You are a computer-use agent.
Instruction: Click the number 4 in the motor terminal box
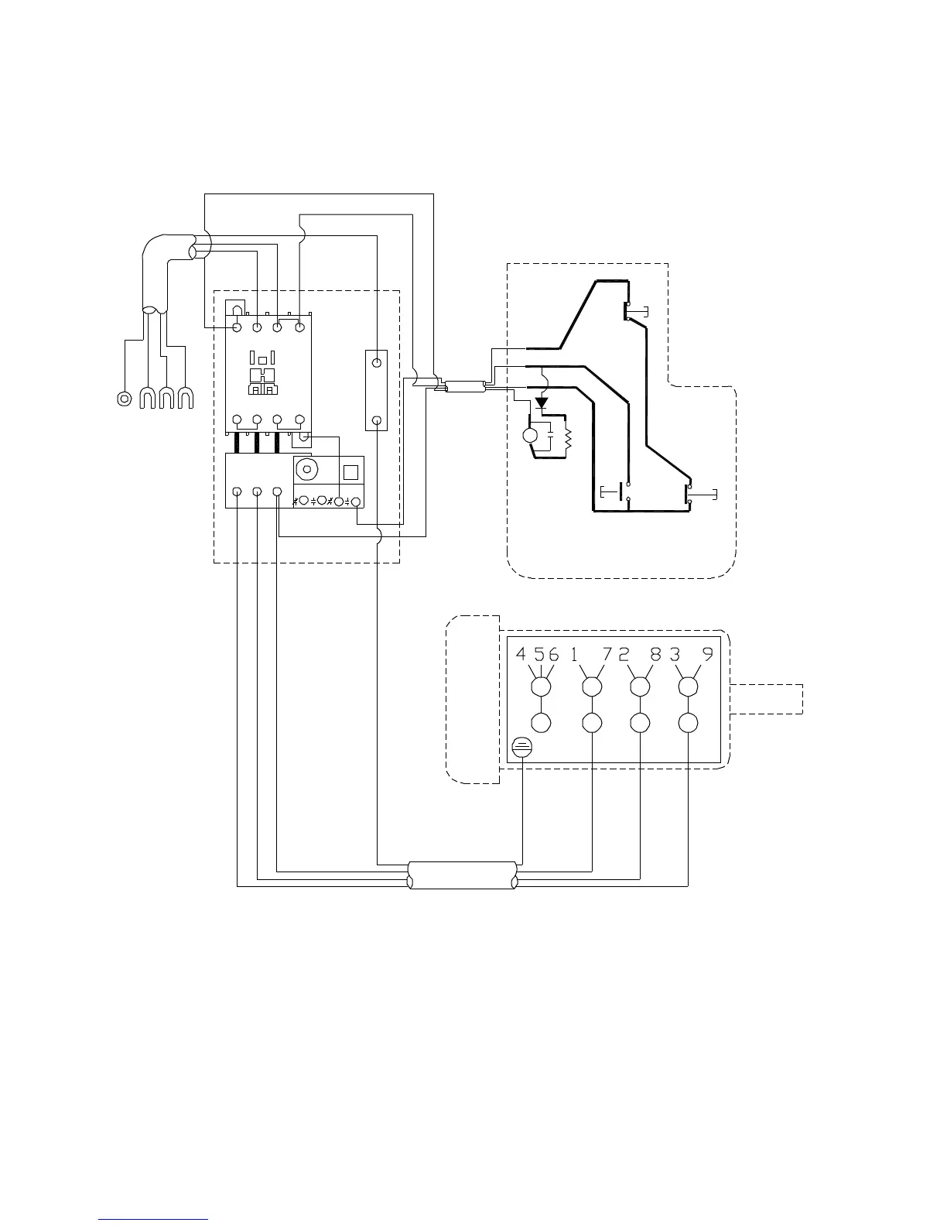[521, 654]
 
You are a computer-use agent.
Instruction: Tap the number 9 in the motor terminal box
[707, 654]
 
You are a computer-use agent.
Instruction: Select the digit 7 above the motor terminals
[607, 654]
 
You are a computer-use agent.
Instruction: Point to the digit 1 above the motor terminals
[574, 654]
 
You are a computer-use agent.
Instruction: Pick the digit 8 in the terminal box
[655, 654]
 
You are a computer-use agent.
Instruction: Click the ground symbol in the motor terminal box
[523, 748]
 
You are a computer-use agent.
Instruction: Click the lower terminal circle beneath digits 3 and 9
[688, 723]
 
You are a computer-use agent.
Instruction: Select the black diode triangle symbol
[542, 403]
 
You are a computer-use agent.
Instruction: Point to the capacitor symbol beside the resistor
[549, 436]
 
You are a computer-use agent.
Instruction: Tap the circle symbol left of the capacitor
[531, 436]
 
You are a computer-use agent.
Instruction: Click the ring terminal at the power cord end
[122, 399]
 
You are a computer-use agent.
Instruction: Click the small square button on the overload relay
[350, 472]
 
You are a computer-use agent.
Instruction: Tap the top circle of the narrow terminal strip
[376, 362]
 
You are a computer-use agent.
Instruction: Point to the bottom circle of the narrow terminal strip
[376, 420]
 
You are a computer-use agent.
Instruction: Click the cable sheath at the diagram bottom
[463, 875]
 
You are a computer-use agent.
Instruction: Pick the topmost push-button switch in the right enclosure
[630, 311]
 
